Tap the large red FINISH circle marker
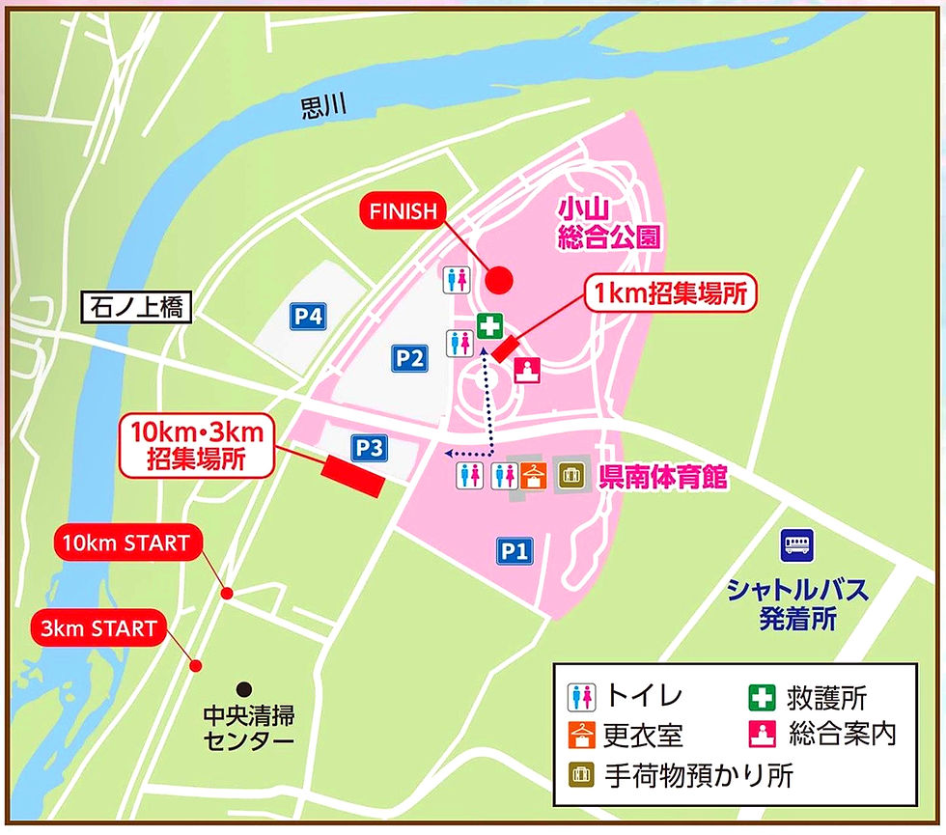coord(498,280)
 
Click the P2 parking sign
coord(409,359)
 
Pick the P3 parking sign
coord(369,448)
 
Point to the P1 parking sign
coord(515,551)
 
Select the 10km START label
coord(126,543)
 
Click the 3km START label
coord(98,628)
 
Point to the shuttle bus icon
coord(797,545)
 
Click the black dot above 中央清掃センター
coord(245,688)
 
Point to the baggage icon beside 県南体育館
coord(570,475)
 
